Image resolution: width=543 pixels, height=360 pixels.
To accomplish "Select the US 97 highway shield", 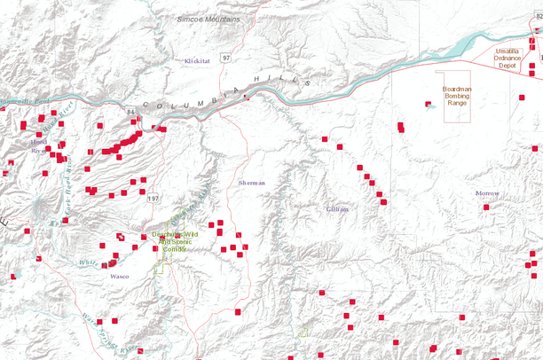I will (x=226, y=58).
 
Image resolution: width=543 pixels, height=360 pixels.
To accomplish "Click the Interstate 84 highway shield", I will (x=130, y=112).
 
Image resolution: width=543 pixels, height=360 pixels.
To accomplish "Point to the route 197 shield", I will (x=153, y=197).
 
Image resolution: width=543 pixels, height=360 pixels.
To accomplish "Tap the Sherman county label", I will (x=252, y=182).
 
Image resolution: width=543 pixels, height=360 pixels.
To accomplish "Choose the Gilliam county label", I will (x=337, y=208).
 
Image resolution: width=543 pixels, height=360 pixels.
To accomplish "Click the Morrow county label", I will (x=487, y=193).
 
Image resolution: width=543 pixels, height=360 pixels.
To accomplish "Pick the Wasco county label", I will (x=119, y=277).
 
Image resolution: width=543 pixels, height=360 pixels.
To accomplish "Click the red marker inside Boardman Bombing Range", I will (x=429, y=106).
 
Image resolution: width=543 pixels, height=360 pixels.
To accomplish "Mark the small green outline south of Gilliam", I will (x=303, y=332).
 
